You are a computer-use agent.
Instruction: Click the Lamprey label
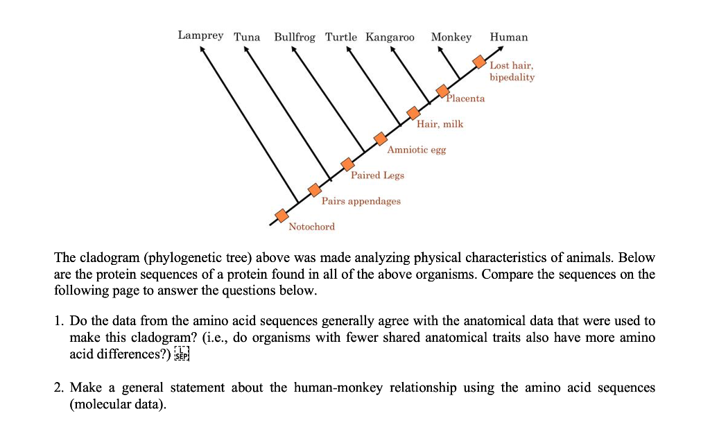(x=200, y=35)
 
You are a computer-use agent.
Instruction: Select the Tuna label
(x=247, y=37)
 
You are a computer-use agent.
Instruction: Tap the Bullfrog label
(x=294, y=37)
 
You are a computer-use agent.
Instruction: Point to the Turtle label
(x=341, y=37)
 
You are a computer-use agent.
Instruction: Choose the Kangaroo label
(x=390, y=37)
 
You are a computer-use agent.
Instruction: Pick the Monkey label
(x=451, y=37)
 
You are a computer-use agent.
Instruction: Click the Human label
(x=508, y=37)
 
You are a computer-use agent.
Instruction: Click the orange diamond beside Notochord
(x=281, y=216)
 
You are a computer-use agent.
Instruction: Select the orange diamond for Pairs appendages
(x=315, y=189)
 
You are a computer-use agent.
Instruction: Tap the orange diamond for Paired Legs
(x=348, y=164)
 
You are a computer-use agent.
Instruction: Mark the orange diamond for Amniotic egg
(x=381, y=139)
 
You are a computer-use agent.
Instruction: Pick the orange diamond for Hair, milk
(x=413, y=113)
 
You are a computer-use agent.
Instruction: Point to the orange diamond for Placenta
(x=442, y=91)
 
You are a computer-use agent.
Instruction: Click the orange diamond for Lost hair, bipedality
(x=479, y=62)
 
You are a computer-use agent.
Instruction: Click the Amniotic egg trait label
(x=417, y=150)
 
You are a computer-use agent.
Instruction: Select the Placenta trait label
(x=465, y=98)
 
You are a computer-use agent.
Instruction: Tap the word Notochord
(x=311, y=227)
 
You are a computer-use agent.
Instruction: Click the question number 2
(x=59, y=388)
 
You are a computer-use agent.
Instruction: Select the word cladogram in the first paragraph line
(x=109, y=258)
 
